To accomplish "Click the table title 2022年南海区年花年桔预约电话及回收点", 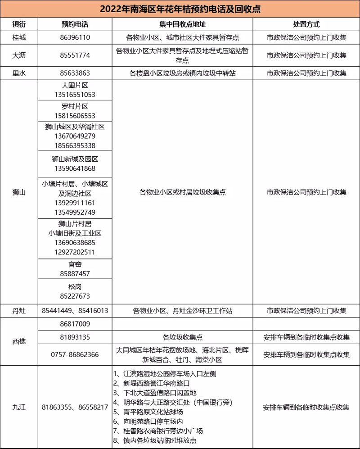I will tap(180, 9).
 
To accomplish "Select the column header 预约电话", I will tap(75, 24).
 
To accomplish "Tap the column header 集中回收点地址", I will tap(182, 24).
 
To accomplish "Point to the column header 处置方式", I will tap(306, 24).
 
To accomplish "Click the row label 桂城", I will tap(19, 37).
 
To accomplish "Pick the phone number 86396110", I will tap(75, 37).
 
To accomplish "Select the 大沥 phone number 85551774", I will tap(75, 55).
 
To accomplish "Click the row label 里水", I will tap(19, 73).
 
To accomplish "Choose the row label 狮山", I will tap(19, 192).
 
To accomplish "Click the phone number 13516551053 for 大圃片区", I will tap(75, 95).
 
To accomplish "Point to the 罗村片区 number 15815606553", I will tap(75, 116).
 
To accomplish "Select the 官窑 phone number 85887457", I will tap(75, 273).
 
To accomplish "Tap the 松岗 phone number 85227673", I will tap(75, 296).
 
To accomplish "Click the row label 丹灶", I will tap(19, 311).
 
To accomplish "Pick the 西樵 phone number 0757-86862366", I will tap(75, 354).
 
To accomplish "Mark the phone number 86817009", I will tap(75, 324).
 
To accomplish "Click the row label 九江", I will tap(19, 407).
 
